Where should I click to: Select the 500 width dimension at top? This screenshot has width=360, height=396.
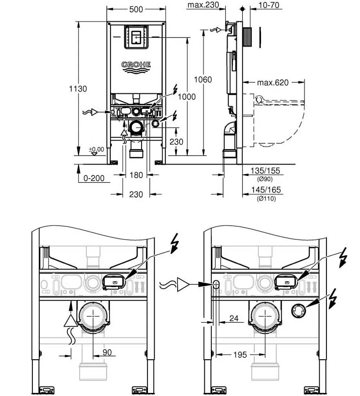[136, 9]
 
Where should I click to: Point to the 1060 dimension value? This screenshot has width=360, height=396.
[203, 80]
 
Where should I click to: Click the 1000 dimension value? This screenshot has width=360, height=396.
[186, 97]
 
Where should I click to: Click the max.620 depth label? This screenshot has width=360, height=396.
[273, 83]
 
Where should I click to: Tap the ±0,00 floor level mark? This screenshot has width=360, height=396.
[96, 149]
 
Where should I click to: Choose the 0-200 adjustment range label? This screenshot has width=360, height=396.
[94, 178]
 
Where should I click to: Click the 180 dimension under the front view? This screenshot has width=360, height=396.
[136, 175]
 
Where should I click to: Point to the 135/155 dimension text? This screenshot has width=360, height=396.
[265, 171]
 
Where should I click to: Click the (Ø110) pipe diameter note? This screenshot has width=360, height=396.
[266, 198]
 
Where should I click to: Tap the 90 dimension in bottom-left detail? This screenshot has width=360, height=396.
[107, 352]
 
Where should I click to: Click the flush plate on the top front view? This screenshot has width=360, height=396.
[136, 37]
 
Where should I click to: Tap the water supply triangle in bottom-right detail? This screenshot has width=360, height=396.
[183, 284]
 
